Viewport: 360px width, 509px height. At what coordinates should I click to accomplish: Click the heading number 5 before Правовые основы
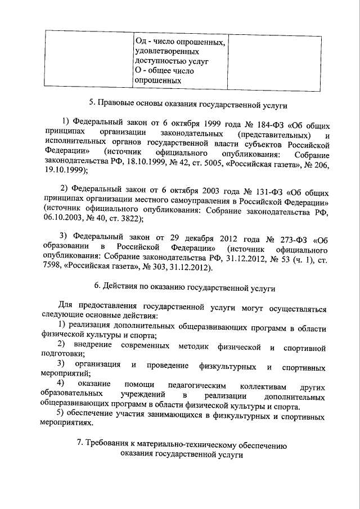tap(92, 103)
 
